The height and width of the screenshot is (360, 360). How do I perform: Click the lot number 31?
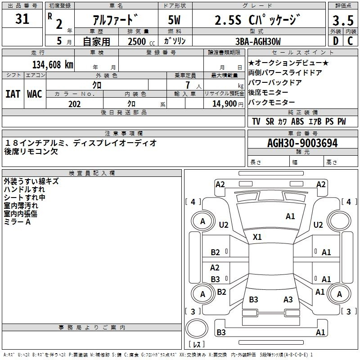22,19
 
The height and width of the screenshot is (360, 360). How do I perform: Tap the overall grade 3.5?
343,20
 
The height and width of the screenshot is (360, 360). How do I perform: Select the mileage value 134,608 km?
53,64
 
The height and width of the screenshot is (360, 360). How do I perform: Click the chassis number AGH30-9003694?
302,143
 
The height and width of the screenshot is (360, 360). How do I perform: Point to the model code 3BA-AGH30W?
258,41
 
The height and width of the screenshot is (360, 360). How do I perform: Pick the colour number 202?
74,104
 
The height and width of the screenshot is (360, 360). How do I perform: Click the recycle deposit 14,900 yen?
228,104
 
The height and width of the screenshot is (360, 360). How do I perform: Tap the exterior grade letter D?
336,41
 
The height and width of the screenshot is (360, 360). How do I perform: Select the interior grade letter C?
350,41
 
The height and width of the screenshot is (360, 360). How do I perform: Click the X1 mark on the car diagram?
257,237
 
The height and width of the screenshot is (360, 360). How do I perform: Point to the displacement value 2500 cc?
141,41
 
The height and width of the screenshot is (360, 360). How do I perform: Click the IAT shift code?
13,94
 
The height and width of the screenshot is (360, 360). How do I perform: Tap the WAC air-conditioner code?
35,94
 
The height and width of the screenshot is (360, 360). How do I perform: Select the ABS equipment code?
297,121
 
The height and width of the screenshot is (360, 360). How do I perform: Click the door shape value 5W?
174,20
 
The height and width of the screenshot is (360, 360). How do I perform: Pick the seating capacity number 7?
188,85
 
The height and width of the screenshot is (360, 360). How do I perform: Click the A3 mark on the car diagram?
288,299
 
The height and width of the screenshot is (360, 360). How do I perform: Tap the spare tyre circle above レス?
197,328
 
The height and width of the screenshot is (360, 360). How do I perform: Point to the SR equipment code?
270,121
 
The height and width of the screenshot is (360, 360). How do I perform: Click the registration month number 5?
59,41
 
